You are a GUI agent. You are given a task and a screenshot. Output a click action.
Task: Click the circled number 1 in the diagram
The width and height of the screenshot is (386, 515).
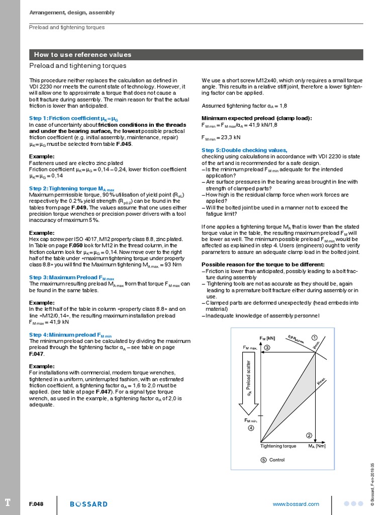pyautogui.click(x=315, y=337)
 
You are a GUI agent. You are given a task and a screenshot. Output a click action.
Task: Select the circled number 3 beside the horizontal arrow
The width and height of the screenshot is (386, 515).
pyautogui.click(x=267, y=348)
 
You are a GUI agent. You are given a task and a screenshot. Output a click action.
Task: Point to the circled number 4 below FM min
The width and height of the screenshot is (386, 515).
pyautogui.click(x=251, y=428)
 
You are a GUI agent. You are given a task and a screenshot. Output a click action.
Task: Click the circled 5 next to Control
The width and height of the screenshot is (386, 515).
pyautogui.click(x=263, y=460)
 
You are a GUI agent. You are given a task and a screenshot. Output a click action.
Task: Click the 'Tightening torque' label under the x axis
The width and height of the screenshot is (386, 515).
pyautogui.click(x=278, y=446)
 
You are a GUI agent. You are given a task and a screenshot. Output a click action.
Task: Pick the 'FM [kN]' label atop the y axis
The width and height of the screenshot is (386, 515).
pyautogui.click(x=267, y=338)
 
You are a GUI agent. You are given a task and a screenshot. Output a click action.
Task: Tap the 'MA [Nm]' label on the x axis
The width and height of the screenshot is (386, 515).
pyautogui.click(x=317, y=446)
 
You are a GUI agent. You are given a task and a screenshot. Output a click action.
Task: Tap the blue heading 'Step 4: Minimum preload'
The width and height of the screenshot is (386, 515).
pyautogui.click(x=70, y=334)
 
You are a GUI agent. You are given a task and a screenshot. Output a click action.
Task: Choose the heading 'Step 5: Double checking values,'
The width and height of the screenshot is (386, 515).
pyautogui.click(x=244, y=150)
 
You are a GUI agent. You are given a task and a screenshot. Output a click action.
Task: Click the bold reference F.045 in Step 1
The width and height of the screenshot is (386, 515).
pyautogui.click(x=124, y=144)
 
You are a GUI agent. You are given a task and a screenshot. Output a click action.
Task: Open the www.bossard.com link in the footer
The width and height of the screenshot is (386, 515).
pyautogui.click(x=296, y=504)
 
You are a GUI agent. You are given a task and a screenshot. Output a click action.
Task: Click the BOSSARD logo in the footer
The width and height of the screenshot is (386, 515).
pyautogui.click(x=88, y=504)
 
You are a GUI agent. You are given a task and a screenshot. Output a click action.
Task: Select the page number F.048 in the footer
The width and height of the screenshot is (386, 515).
pyautogui.click(x=37, y=504)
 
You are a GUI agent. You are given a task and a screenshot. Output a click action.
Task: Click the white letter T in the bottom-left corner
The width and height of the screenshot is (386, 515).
pyautogui.click(x=7, y=503)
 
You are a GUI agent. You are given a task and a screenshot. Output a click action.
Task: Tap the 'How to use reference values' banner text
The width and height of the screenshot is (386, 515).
pyautogui.click(x=82, y=55)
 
